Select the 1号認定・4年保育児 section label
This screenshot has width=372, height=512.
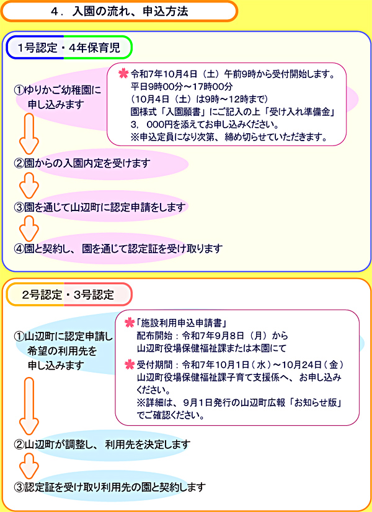click(69, 48)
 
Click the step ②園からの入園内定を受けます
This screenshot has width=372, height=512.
click(82, 163)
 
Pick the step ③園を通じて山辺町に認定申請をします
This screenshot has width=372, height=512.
click(100, 207)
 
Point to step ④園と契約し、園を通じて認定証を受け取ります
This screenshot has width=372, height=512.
click(118, 249)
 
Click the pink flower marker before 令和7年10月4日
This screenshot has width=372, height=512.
click(123, 74)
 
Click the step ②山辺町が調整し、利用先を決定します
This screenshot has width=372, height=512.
click(102, 445)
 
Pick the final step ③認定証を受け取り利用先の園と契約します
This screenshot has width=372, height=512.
click(110, 487)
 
